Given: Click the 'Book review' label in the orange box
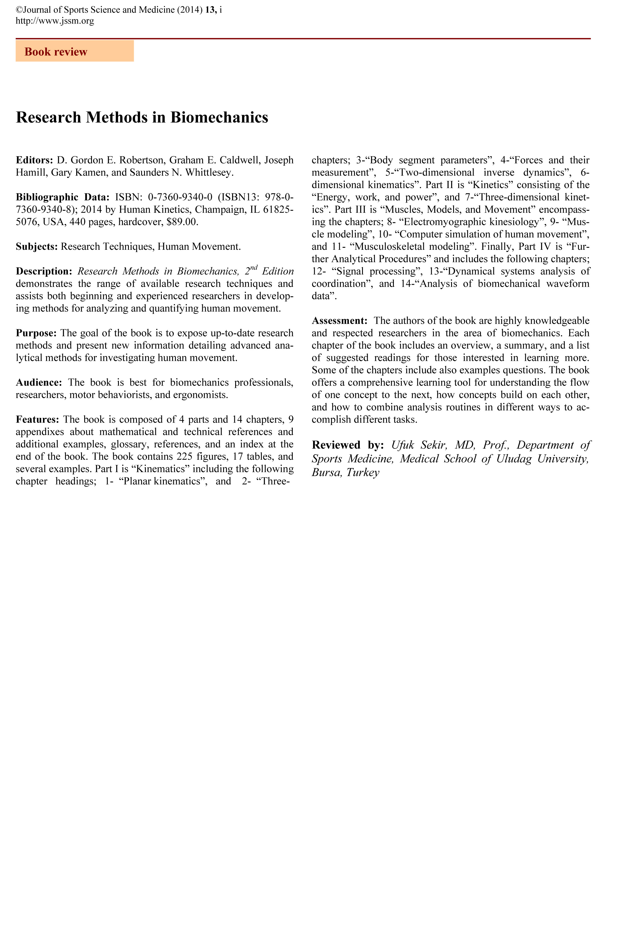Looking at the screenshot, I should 56,52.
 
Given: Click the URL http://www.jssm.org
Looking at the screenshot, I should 55,21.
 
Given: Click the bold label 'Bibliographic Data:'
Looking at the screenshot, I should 62,197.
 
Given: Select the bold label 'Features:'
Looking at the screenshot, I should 38,420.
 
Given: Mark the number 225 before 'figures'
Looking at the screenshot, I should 184,457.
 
